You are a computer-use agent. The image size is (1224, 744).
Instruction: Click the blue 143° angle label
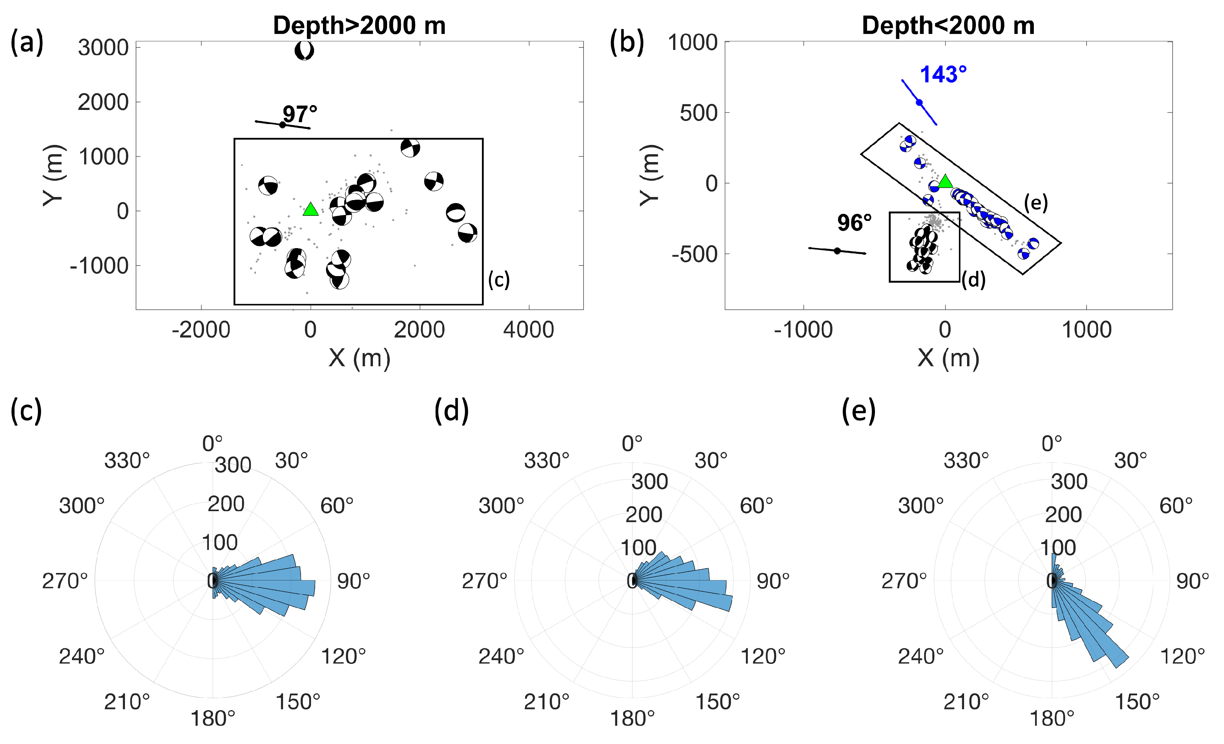click(x=943, y=75)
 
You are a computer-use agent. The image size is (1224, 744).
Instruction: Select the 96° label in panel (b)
click(x=854, y=223)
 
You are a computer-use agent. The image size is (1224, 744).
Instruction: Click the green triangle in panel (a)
click(x=310, y=209)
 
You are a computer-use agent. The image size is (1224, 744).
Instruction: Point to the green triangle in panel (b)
click(x=945, y=182)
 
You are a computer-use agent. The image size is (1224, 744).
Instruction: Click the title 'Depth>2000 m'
click(x=359, y=25)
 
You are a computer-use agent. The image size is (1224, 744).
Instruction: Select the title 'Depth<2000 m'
click(x=948, y=25)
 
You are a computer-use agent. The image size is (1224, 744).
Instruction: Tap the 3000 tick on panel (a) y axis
click(x=103, y=48)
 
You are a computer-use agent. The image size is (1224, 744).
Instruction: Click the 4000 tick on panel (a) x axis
click(x=528, y=330)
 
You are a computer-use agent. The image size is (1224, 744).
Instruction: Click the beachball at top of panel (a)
click(x=304, y=50)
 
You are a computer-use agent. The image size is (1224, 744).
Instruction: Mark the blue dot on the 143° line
click(x=919, y=102)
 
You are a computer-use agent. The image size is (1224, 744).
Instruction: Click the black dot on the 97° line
click(x=282, y=124)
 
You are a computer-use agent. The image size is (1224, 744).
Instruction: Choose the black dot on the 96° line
click(x=837, y=251)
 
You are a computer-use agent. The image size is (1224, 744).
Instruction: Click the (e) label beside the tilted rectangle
click(x=1036, y=203)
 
